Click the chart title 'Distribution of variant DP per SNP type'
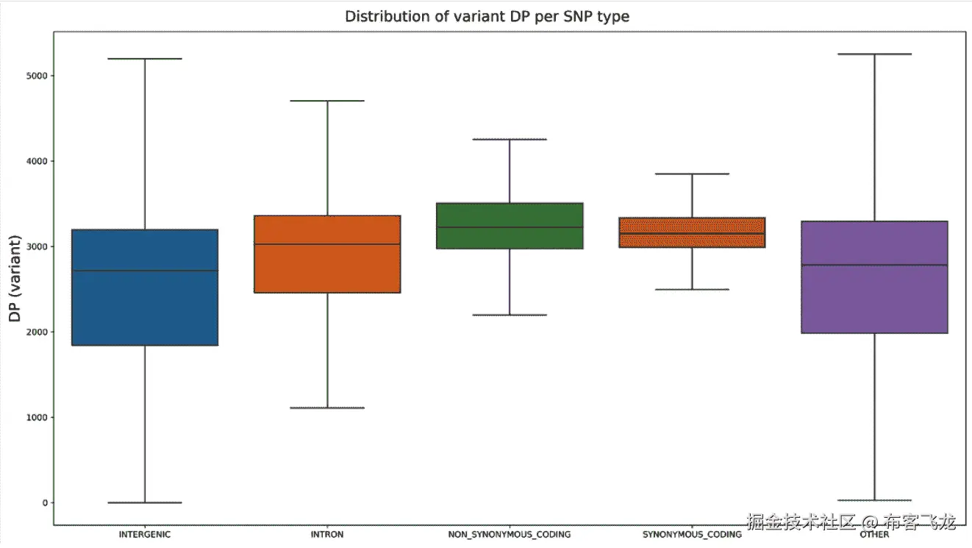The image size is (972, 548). [x=487, y=15]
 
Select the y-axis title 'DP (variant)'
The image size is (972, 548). [x=15, y=280]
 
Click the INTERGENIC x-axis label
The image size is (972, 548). [x=145, y=535]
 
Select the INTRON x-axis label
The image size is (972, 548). [x=327, y=535]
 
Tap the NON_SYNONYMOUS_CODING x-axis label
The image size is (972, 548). [x=510, y=535]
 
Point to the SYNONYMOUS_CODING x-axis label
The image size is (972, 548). [x=692, y=535]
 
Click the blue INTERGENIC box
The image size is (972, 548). [x=145, y=309]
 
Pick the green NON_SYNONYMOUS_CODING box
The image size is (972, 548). [x=510, y=213]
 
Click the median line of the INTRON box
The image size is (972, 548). [x=327, y=243]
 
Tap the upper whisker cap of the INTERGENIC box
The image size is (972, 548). [x=145, y=58]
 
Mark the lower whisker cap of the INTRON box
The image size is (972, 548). [x=327, y=408]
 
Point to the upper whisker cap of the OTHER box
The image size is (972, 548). [x=874, y=54]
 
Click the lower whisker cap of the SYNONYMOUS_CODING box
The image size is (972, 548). [x=692, y=289]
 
